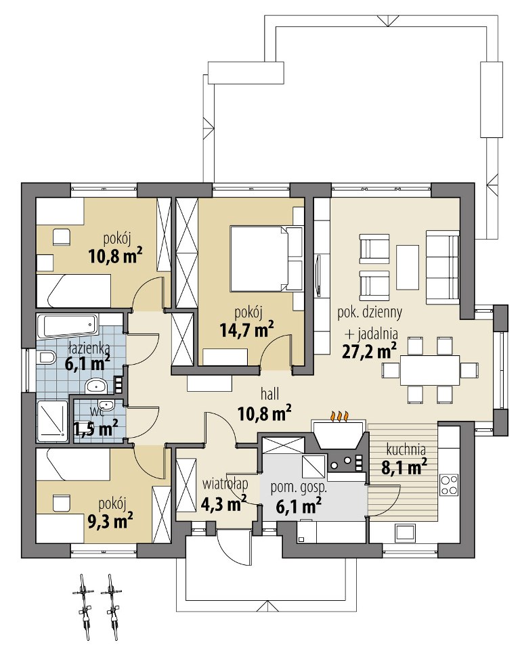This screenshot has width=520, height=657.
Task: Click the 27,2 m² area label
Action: (x=370, y=351)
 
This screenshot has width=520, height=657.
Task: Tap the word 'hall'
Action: (x=269, y=394)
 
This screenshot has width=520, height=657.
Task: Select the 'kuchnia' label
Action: (x=406, y=450)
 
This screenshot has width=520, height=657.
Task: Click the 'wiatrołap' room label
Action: (x=225, y=484)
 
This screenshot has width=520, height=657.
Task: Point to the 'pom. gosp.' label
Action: (x=299, y=488)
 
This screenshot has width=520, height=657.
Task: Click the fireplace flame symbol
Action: (x=339, y=417)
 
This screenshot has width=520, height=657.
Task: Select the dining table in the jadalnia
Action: (x=429, y=370)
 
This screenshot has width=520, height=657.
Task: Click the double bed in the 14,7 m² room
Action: (x=266, y=258)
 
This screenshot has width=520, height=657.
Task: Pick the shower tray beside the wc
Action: (x=52, y=422)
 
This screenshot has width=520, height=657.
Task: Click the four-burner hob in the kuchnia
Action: (x=449, y=484)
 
